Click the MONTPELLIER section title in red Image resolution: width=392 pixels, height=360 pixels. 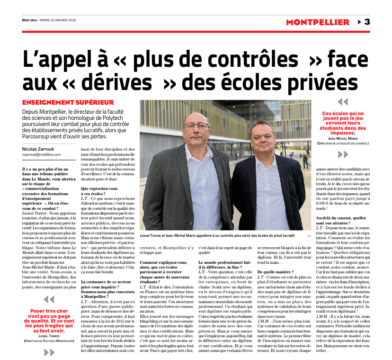coord(318,22)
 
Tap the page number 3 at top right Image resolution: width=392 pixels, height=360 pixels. coord(367,22)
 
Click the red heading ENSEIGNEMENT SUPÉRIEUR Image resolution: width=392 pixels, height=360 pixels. coord(68,102)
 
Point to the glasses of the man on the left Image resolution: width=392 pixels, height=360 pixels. coord(196,126)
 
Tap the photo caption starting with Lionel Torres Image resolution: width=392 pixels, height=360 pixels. coord(217,235)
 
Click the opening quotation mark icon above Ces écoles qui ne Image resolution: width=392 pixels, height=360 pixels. coord(342,102)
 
